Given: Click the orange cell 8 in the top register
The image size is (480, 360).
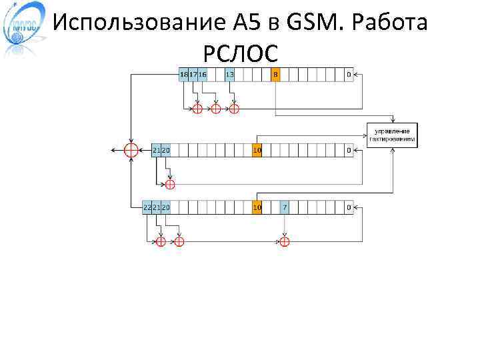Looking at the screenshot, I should (275, 74).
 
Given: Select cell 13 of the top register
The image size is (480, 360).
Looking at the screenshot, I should (229, 74).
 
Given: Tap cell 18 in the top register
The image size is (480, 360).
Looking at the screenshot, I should (183, 74).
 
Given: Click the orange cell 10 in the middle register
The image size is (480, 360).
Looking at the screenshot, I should (257, 151).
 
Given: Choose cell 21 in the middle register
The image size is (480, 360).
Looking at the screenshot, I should (156, 151).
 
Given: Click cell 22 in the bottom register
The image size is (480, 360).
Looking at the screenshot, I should (147, 207).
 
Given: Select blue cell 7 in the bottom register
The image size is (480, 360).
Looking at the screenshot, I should (285, 207).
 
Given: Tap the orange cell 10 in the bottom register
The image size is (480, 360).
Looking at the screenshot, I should (257, 207).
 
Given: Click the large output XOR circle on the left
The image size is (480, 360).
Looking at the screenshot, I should (132, 151).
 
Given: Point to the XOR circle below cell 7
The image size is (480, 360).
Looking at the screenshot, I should (285, 241).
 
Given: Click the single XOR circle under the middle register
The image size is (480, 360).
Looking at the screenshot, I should (170, 184).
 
